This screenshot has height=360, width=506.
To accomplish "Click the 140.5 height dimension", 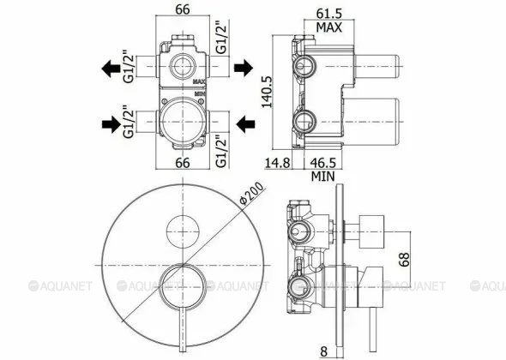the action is point(267,92).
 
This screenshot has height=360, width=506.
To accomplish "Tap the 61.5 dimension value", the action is point(328,14).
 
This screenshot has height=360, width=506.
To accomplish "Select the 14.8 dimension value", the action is point(278,163).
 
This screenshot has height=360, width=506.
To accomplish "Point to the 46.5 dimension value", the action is point(323,163).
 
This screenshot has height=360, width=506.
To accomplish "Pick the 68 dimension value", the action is point(404,260).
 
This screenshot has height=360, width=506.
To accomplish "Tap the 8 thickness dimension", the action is point(323,351).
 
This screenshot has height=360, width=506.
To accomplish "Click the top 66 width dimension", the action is point(183,9).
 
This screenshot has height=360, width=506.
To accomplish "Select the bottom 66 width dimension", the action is point(183,163).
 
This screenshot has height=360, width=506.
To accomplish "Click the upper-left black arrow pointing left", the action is point(111,69).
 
